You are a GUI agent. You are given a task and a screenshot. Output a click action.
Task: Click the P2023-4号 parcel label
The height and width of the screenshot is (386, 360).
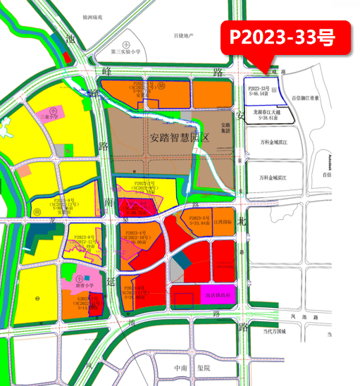[134, 233]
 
